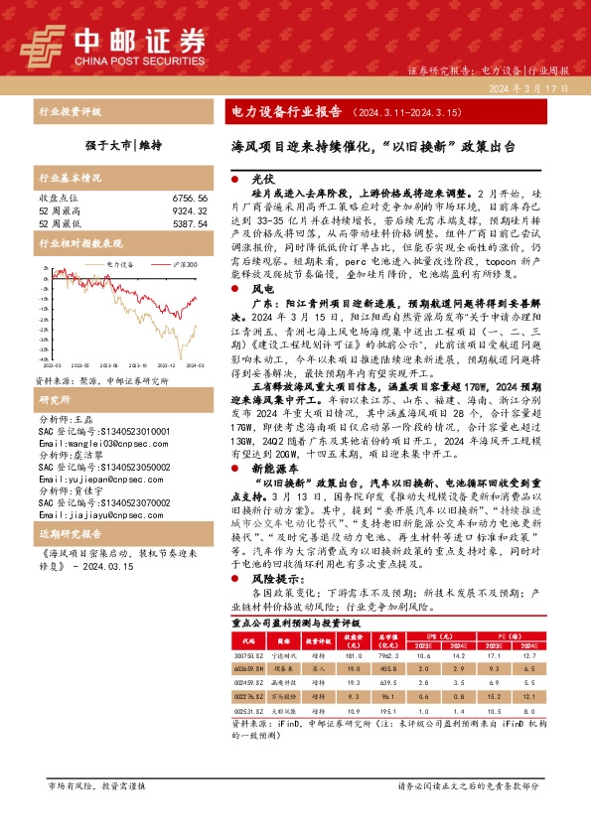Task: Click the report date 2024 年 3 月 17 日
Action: tap(527, 88)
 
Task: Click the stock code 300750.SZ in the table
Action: tap(246, 654)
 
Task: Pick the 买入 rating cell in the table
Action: tap(320, 669)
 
